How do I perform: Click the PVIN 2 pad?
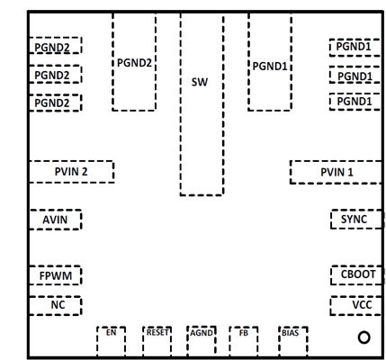pyautogui.click(x=71, y=172)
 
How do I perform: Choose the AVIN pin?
pyautogui.click(x=55, y=219)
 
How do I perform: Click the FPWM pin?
pyautogui.click(x=55, y=274)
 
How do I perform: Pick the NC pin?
pyautogui.click(x=55, y=305)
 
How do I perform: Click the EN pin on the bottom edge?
pyautogui.click(x=111, y=340)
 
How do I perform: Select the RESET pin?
pyautogui.click(x=157, y=340)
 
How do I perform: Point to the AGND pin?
pyautogui.click(x=202, y=340)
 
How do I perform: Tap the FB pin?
pyautogui.click(x=244, y=340)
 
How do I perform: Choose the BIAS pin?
pyautogui.click(x=292, y=340)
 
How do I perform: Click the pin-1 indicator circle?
pyautogui.click(x=364, y=337)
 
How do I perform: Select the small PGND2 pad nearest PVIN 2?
pyautogui.click(x=55, y=103)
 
